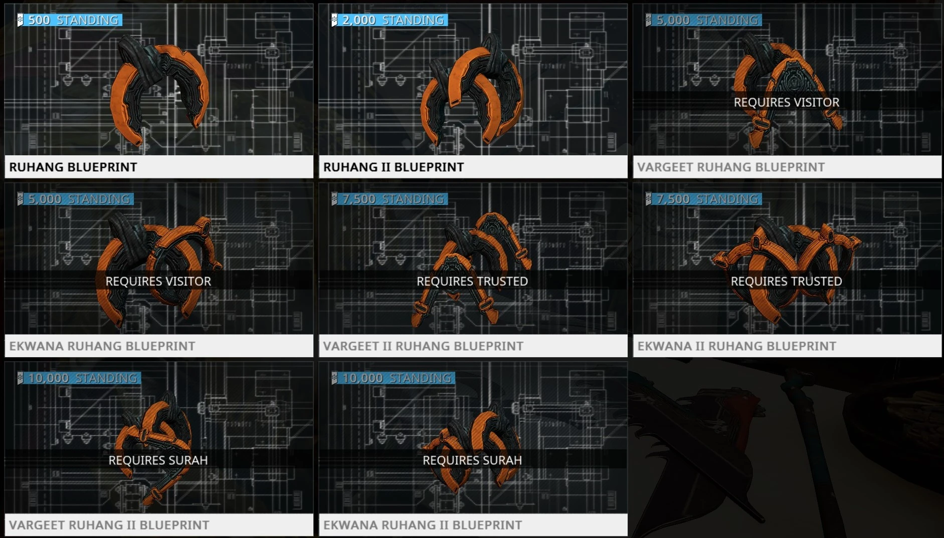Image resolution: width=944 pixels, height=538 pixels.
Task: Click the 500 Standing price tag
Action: [x=70, y=20]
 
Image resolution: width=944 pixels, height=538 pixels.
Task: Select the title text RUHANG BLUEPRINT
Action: [x=73, y=167]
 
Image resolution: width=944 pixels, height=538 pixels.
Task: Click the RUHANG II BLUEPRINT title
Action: [x=394, y=167]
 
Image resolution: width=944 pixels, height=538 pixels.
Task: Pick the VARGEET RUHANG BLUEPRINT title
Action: [x=730, y=167]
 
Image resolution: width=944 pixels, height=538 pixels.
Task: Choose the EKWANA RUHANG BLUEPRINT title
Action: [x=102, y=346]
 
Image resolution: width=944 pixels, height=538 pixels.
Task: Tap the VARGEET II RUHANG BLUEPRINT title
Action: [x=423, y=346]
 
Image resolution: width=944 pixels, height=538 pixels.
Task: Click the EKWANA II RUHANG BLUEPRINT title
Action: [x=736, y=346]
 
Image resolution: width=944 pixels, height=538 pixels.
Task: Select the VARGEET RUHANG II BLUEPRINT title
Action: [x=109, y=525]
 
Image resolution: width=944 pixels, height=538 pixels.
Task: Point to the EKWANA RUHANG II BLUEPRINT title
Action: [x=423, y=525]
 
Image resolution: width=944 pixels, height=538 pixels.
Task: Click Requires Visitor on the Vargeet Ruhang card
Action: [x=786, y=102]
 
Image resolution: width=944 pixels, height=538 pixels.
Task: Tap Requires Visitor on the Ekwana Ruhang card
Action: [x=158, y=281]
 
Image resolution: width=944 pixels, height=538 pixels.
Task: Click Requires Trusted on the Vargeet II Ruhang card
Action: [x=472, y=281]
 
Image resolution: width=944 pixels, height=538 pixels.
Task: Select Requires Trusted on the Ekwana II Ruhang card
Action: [x=786, y=281]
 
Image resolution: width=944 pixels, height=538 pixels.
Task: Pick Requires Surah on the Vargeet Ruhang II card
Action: [x=158, y=460]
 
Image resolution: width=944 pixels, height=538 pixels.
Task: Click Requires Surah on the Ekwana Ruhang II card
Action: [x=472, y=460]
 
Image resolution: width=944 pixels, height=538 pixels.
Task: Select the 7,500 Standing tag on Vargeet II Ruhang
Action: [x=390, y=199]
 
